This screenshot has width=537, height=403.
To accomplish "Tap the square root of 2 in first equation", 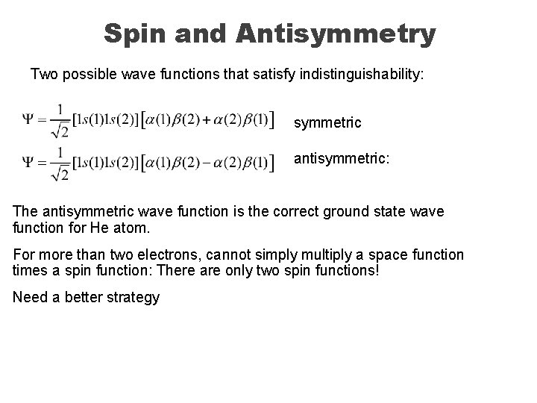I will [62, 132].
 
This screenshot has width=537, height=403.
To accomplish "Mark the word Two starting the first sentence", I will [43, 75].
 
